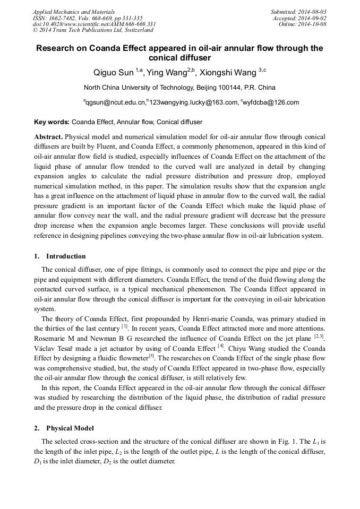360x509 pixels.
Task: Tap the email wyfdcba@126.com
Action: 272,102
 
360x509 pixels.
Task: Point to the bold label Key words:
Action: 52,122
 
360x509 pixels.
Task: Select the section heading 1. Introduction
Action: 59,256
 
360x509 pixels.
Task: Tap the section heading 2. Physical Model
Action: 64,428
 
